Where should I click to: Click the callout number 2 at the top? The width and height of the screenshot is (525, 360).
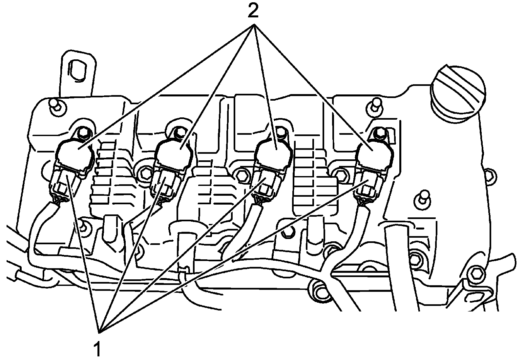(x=253, y=12)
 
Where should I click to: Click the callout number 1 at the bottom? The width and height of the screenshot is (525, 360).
(x=97, y=348)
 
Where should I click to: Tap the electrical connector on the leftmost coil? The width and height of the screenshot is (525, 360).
(x=65, y=184)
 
